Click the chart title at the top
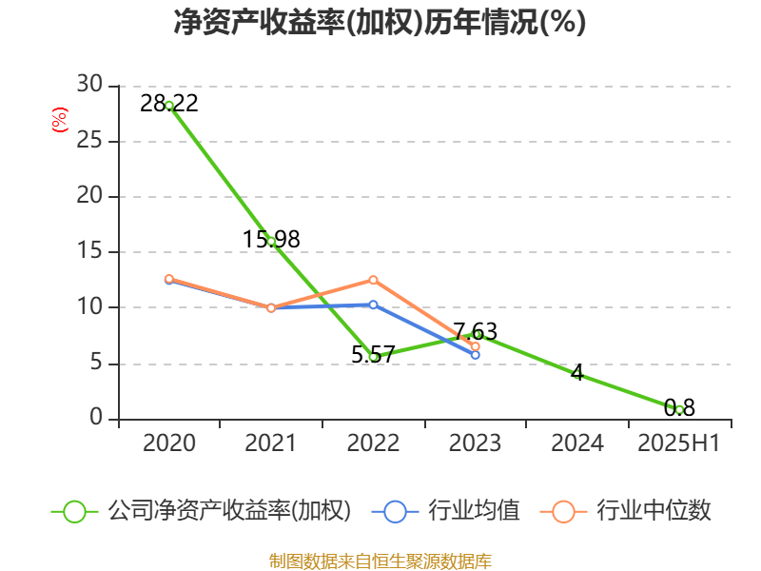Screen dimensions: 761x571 (380, 22)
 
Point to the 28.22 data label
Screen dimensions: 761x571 (169, 104)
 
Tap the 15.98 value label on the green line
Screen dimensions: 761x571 (271, 240)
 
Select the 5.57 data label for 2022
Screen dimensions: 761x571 (373, 355)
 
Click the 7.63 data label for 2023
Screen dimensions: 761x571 (475, 331)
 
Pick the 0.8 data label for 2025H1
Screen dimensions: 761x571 (679, 408)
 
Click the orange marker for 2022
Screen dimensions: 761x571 (373, 280)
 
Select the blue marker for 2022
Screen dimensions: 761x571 (373, 305)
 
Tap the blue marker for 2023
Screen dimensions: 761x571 (475, 355)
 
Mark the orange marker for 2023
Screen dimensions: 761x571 (475, 346)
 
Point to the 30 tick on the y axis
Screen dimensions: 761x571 (89, 85)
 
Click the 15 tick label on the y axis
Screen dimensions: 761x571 (89, 251)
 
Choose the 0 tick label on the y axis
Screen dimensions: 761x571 (96, 418)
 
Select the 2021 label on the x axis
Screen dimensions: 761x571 (270, 443)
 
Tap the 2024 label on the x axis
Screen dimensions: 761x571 (577, 443)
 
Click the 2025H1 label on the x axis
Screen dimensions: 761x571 (678, 443)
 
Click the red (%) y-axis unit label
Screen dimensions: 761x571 (60, 120)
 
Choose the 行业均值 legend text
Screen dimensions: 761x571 (474, 511)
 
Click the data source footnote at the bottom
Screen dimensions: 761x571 (380, 561)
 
